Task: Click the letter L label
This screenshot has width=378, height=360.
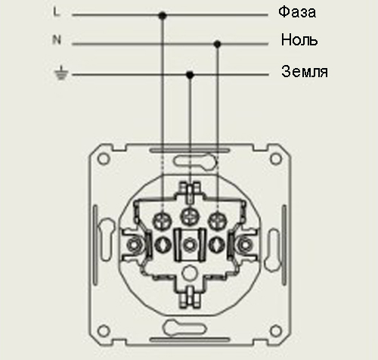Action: click(57, 12)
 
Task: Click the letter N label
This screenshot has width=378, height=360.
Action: click(57, 39)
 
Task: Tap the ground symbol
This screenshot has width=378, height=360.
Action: click(61, 73)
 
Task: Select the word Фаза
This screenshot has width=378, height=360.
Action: click(297, 12)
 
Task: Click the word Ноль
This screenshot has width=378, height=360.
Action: click(299, 40)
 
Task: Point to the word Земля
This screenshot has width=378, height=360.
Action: click(305, 72)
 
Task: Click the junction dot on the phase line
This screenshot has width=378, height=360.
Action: click(163, 16)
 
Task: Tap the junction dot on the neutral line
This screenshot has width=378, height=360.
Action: click(217, 45)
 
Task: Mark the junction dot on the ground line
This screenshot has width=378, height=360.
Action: click(190, 75)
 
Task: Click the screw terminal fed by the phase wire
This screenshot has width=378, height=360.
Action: click(162, 221)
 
